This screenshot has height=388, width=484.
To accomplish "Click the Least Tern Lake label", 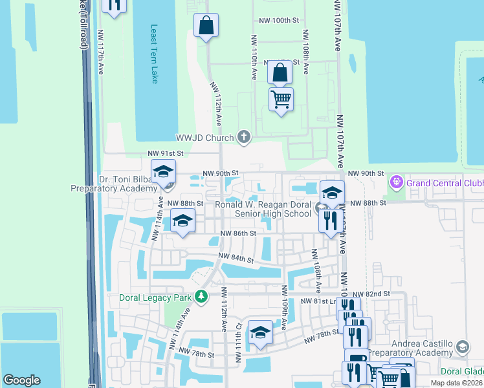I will click(x=154, y=54).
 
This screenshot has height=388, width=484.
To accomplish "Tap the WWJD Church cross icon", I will click(x=244, y=136).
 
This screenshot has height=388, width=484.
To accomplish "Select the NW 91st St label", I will click(x=166, y=153).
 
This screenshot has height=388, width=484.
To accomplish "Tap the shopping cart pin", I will click(x=281, y=100).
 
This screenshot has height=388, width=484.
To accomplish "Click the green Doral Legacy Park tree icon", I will click(x=202, y=297).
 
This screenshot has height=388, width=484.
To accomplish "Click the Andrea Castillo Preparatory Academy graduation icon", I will click(x=462, y=348).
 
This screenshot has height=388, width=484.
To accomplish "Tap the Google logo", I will click(x=21, y=380).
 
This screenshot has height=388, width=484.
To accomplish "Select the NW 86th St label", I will click(x=237, y=233).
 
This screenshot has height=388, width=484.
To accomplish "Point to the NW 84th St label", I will click(x=236, y=259).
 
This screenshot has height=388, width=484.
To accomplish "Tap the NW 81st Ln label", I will click(x=321, y=301).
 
